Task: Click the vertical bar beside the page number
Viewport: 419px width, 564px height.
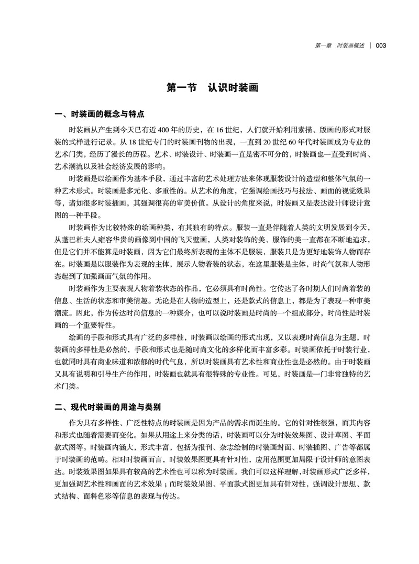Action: click(x=370, y=46)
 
